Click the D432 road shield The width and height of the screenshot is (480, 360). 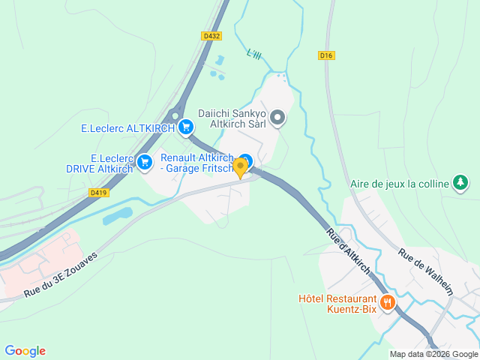click(211, 35)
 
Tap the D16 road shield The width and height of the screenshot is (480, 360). click(325, 55)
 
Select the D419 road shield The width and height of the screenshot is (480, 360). click(97, 193)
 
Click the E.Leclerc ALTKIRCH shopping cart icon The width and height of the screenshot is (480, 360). click(184, 128)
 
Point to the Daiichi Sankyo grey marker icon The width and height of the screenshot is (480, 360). click(277, 117)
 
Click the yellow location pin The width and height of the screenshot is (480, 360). click(240, 167)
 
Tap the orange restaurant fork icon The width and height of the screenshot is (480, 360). click(388, 302)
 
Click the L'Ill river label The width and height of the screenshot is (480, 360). click(255, 54)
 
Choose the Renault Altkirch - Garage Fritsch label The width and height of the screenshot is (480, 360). click(196, 163)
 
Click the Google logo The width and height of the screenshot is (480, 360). click(25, 351)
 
